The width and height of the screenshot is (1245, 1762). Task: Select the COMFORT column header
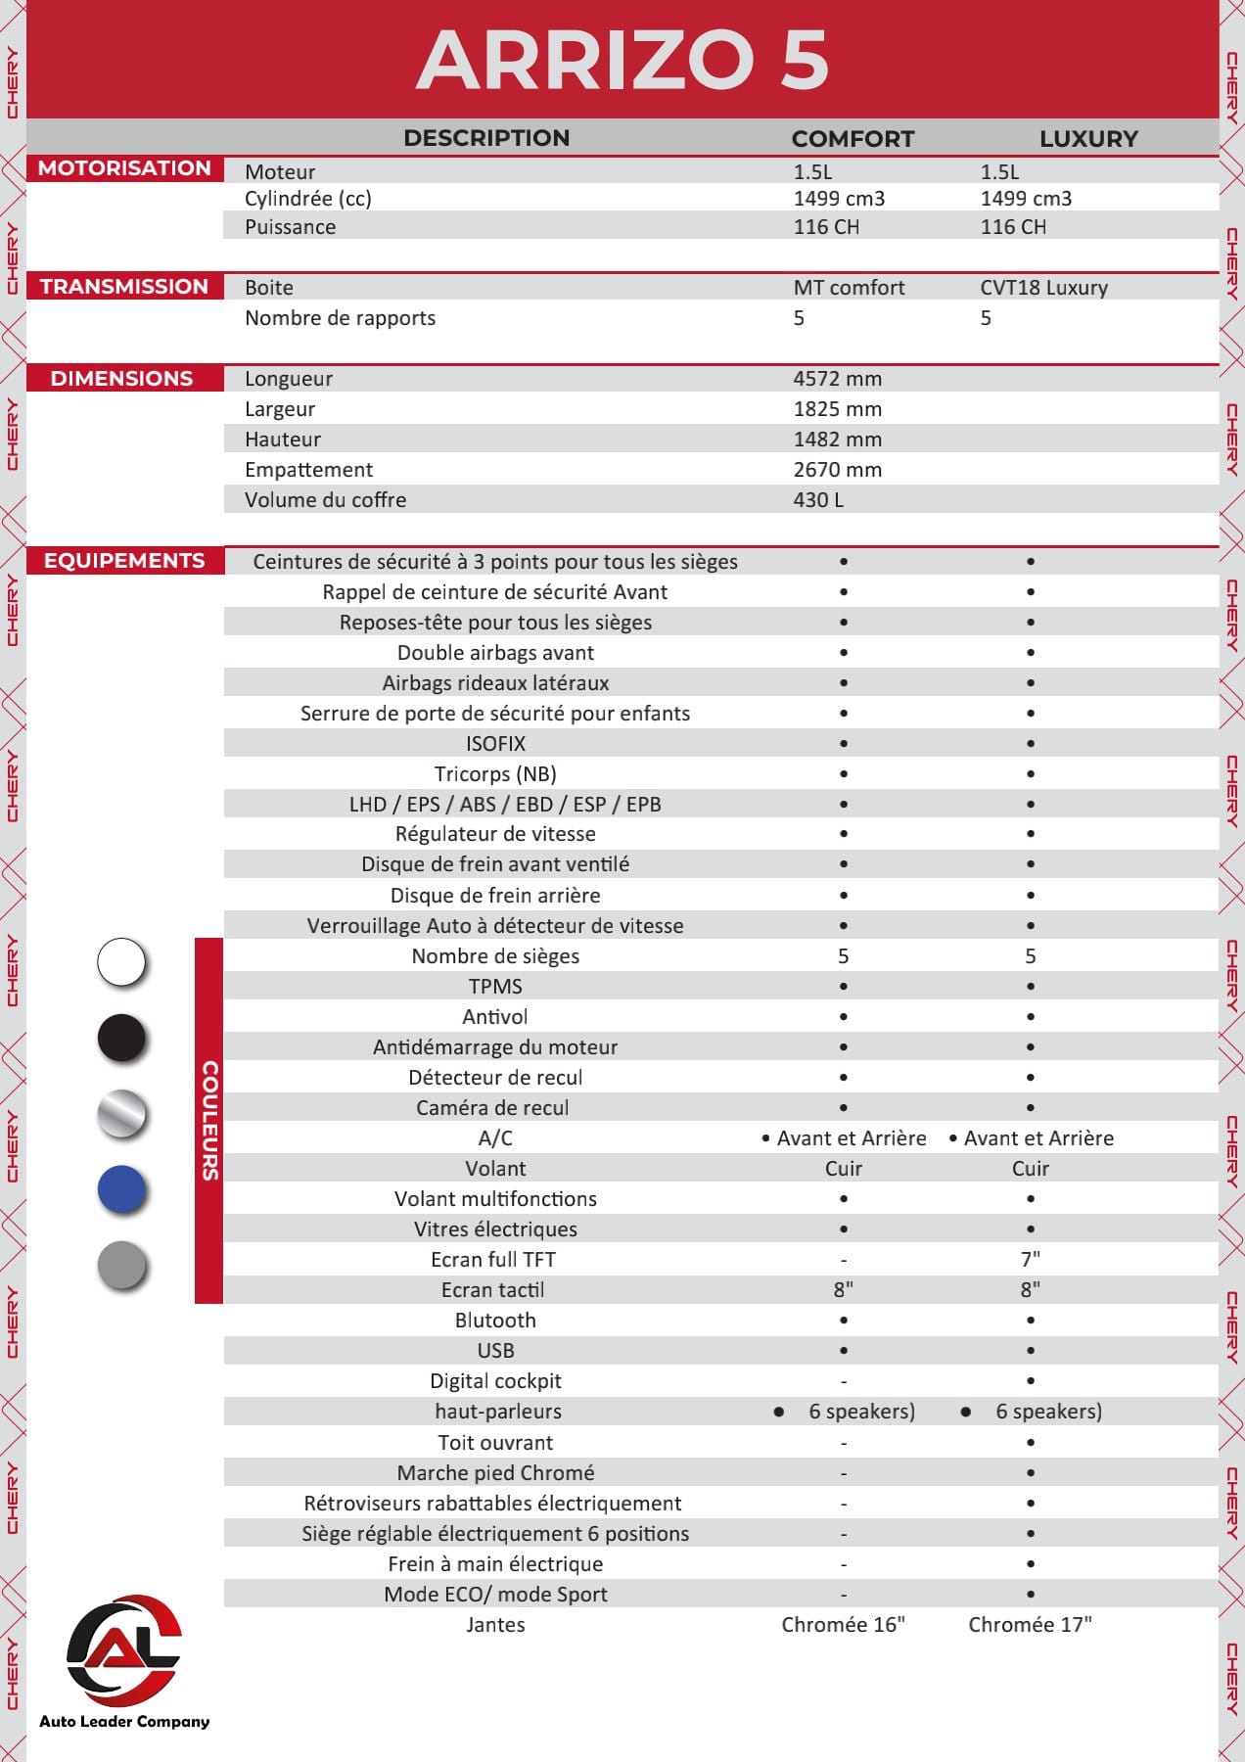tap(853, 139)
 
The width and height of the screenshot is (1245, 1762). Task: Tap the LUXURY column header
tap(1088, 139)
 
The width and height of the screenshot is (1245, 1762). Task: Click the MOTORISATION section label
tap(124, 168)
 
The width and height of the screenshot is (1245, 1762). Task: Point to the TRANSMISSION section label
tap(124, 287)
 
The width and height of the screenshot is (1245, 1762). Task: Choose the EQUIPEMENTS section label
tap(124, 561)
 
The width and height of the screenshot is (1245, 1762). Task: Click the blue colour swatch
tap(122, 1190)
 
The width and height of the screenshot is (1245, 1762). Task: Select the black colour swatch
tap(122, 1038)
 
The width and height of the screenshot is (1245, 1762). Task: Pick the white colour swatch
tap(122, 961)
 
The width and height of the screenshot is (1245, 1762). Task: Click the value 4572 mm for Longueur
tap(837, 379)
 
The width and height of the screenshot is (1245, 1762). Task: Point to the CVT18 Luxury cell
tap(1043, 288)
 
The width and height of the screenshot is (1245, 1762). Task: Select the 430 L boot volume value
tap(818, 500)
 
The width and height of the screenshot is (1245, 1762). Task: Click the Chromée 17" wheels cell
tap(1030, 1625)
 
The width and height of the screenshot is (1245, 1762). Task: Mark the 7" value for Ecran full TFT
tap(1030, 1260)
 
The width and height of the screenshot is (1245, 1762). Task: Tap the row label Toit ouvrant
tap(495, 1443)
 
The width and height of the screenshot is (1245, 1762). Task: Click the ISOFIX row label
tap(495, 744)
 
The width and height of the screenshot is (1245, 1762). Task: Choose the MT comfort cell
tap(849, 288)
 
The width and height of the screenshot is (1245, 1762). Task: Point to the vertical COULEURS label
tap(209, 1121)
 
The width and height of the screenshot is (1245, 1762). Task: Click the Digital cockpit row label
tap(495, 1381)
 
